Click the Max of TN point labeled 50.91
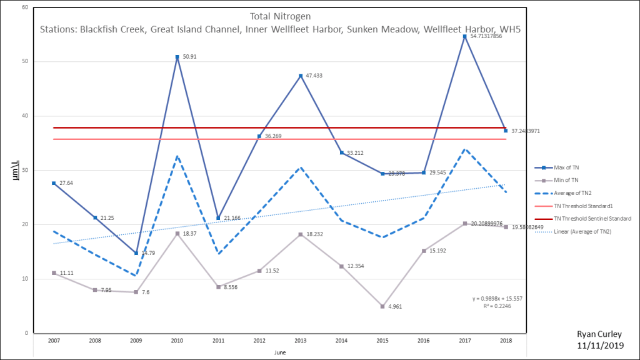[177, 57]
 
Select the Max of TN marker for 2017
[464, 37]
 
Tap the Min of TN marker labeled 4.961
[382, 306]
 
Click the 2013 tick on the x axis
[301, 341]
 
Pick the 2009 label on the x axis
[136, 341]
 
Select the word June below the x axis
[280, 352]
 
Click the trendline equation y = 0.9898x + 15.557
[497, 299]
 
